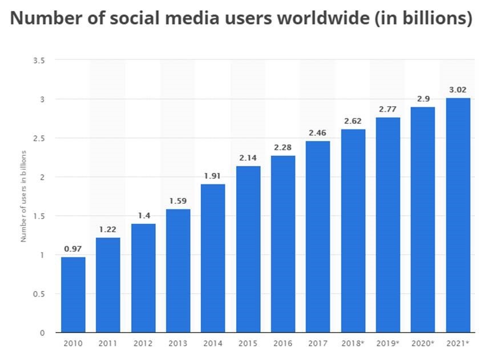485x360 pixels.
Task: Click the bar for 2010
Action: [x=73, y=294]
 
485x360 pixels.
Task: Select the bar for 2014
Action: [x=213, y=258]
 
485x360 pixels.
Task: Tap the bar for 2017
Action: [x=318, y=236]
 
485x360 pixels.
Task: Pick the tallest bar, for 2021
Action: [x=458, y=215]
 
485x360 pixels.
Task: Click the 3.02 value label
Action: [x=458, y=90]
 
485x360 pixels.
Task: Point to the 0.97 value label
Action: [x=73, y=248]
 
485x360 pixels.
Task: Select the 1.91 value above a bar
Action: [x=213, y=175]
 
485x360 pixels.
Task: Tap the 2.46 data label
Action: [x=318, y=132]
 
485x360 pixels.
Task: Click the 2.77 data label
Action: [x=388, y=108]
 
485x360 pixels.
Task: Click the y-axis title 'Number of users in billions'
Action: [x=24, y=196]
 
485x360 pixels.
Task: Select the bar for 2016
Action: [x=283, y=244]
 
